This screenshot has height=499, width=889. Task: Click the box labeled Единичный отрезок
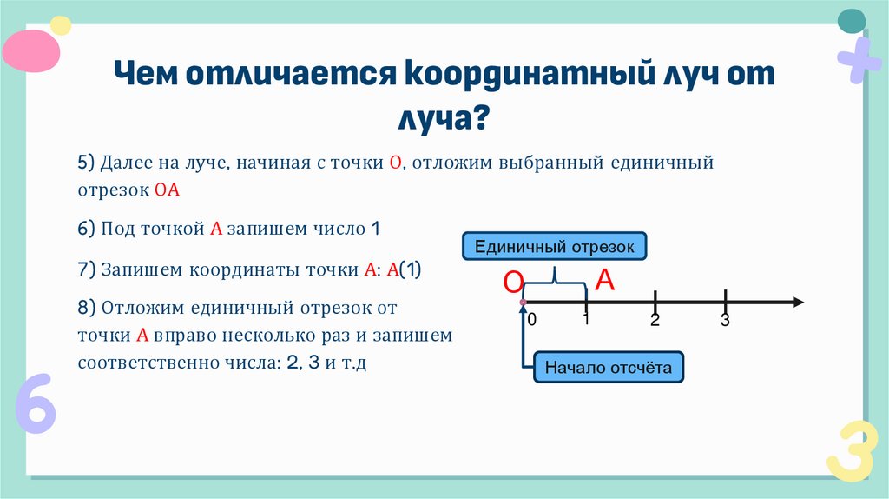(x=554, y=247)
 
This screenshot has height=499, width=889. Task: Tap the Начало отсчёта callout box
(x=608, y=367)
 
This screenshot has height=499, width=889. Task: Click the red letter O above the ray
(x=513, y=283)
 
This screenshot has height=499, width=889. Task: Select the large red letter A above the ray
(x=604, y=280)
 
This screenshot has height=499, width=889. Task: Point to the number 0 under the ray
(x=532, y=320)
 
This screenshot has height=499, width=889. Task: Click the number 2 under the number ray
(x=655, y=321)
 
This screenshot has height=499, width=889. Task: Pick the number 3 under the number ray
(x=725, y=321)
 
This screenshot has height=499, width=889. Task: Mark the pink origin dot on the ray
(x=523, y=303)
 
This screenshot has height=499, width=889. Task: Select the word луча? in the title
(x=444, y=116)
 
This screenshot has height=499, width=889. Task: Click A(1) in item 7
(x=404, y=269)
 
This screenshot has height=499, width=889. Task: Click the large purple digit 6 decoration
(x=36, y=403)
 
